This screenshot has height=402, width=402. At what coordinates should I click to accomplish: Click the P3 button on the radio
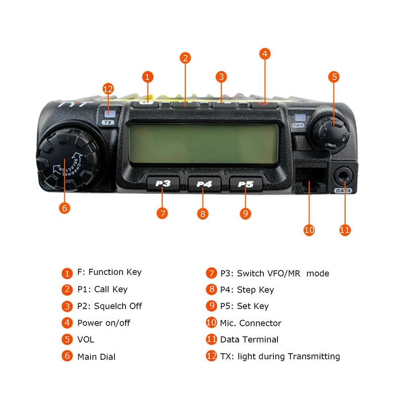point(162,183)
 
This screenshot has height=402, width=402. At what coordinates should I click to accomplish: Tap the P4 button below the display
point(204,184)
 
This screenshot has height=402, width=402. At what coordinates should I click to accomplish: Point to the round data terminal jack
point(344,176)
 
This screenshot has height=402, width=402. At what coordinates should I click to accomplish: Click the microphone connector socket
point(309,179)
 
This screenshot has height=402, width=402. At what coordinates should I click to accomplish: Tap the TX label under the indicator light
point(108,122)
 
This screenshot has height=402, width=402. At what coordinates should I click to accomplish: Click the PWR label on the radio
point(298,125)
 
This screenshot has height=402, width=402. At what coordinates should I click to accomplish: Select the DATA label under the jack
point(344,190)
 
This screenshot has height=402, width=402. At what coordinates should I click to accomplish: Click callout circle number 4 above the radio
point(265,53)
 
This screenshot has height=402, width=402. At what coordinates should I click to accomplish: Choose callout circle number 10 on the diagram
point(309,230)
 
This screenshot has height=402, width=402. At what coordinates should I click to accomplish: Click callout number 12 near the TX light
point(108,89)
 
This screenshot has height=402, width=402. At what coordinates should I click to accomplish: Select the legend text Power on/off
point(104,323)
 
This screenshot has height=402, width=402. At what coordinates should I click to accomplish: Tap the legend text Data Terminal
point(249,340)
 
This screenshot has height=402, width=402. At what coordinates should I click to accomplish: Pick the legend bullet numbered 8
point(211,289)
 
